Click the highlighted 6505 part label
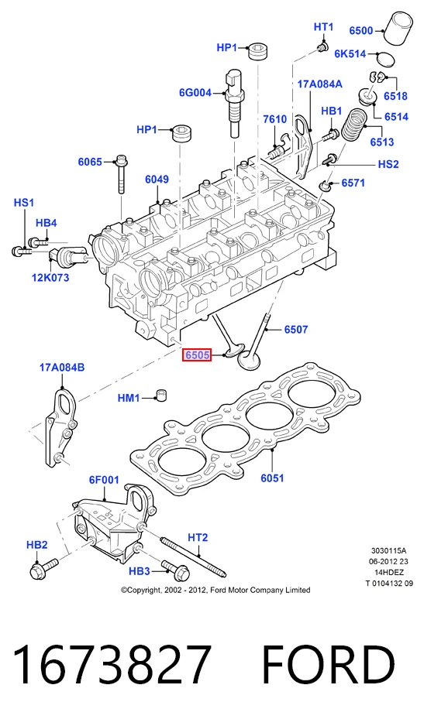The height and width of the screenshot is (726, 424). (x=197, y=355)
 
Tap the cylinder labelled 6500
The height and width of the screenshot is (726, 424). (x=400, y=28)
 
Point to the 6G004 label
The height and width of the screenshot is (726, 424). (x=195, y=93)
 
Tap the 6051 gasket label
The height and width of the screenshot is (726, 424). (x=272, y=478)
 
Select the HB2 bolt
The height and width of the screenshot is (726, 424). (x=43, y=568)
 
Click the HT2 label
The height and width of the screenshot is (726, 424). (x=198, y=538)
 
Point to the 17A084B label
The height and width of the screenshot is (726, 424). (x=62, y=368)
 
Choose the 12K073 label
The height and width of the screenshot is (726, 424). (x=50, y=278)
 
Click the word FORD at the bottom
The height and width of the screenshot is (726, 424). (x=329, y=666)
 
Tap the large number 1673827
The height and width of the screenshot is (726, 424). (x=112, y=666)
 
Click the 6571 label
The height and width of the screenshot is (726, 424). (x=353, y=183)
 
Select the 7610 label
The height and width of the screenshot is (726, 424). (x=274, y=119)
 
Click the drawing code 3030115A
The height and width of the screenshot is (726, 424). (x=388, y=550)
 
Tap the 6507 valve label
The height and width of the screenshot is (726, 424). (x=296, y=330)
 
